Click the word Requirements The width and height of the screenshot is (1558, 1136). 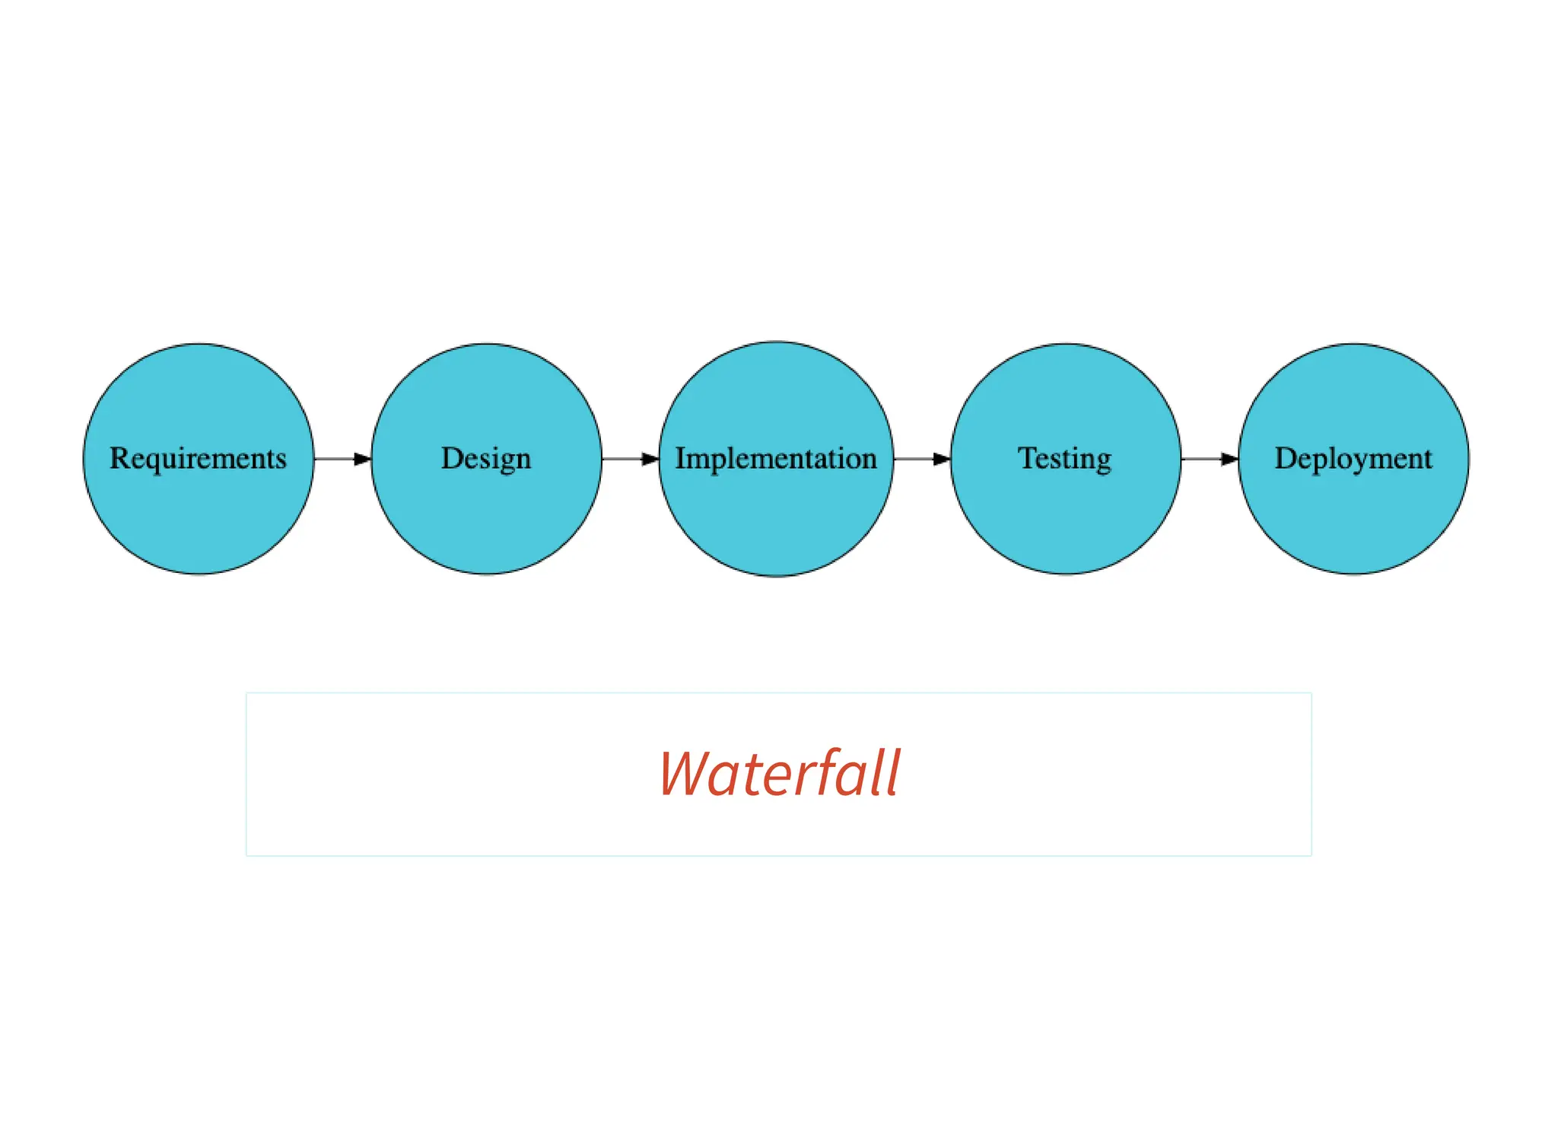tap(198, 458)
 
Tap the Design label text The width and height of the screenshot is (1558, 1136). tap(486, 459)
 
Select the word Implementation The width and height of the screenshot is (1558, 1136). tap(776, 459)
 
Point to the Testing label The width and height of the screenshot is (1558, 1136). tap(1065, 459)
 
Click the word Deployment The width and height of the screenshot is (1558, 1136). tap(1353, 459)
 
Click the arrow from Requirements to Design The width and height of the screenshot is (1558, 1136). tap(342, 459)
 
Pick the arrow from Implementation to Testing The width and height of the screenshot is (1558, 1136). tap(921, 459)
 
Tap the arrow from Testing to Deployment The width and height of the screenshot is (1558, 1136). tap(1210, 459)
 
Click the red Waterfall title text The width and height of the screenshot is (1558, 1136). tap(779, 774)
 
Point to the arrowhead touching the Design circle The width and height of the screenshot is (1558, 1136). tap(362, 459)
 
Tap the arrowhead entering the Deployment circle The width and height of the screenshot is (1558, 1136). tap(1229, 459)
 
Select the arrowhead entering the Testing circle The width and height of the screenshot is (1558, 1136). tap(942, 459)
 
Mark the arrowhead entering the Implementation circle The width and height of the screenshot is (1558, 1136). tap(650, 459)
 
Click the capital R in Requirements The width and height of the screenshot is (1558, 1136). tap(119, 458)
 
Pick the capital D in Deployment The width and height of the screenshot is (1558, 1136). tap(1285, 458)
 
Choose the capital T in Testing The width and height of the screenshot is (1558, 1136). tap(1028, 458)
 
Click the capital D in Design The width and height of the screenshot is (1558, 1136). tap(451, 458)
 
